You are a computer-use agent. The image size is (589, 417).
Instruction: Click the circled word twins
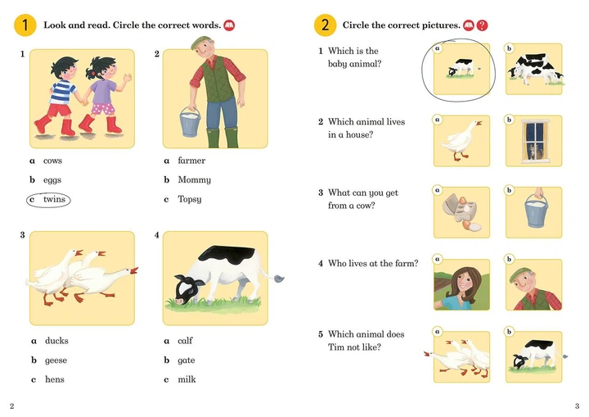coord(53,199)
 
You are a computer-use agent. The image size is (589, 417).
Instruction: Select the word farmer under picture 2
coord(191,161)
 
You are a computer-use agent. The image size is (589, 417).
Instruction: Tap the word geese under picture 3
coord(56,360)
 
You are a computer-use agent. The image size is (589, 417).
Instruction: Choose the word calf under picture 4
coord(185,341)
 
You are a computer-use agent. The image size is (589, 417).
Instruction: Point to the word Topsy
coord(189,199)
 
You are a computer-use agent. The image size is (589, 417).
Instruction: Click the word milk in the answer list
coord(187,379)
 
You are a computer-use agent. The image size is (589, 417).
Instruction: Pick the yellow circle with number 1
coord(25,25)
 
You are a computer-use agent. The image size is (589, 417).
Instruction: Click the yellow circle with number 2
coord(325,25)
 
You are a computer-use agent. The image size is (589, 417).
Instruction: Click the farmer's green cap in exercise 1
coord(201,42)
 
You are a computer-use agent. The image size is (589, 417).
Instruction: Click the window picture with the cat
coord(533,140)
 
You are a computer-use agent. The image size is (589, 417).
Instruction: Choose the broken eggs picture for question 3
coord(461,212)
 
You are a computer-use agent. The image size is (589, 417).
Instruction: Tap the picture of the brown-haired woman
coord(461,284)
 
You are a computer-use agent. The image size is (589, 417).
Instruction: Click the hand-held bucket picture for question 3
coord(533,212)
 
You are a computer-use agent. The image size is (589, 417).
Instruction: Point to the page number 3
coord(577,406)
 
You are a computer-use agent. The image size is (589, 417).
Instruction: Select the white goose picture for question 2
coord(461,140)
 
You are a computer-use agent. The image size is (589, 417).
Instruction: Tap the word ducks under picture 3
coord(56,341)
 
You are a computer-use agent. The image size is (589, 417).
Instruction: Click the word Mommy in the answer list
coord(194,179)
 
